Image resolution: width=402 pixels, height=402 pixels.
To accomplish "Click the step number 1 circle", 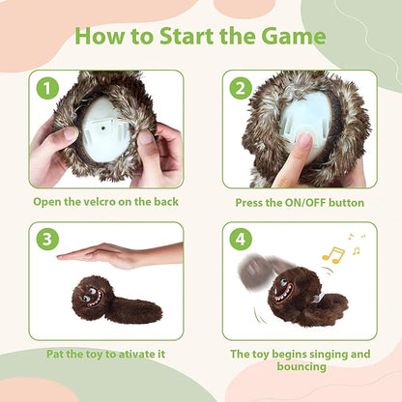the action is [47, 88].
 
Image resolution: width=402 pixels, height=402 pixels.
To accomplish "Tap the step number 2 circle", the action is [241, 88].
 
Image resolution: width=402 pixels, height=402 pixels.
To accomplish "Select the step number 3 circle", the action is [47, 240].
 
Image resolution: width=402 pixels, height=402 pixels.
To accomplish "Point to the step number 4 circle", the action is [241, 240].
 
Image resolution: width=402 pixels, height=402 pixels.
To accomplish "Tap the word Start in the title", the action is [187, 36].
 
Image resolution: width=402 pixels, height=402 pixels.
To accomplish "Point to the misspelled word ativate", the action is [136, 355].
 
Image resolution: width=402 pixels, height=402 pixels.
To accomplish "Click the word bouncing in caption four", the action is [301, 366].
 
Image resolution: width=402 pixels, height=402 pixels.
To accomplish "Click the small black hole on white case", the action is [102, 129].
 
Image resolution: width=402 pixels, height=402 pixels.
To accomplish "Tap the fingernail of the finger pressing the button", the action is [304, 140].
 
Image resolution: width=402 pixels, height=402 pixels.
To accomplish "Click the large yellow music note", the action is [333, 255].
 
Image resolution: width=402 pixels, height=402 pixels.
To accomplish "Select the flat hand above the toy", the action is [120, 255].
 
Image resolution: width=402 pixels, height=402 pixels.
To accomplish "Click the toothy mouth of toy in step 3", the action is [97, 299].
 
